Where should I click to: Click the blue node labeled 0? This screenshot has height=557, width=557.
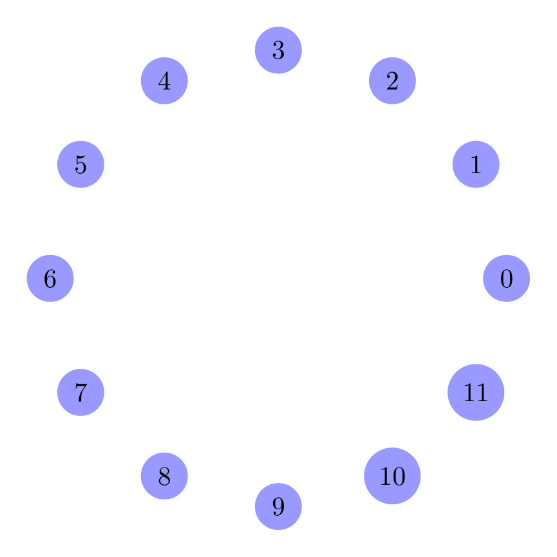[x=506, y=278]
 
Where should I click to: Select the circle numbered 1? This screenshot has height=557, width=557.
[x=476, y=164]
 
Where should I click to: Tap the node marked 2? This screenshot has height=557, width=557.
[x=392, y=80]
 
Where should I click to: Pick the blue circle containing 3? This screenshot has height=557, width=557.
[x=278, y=50]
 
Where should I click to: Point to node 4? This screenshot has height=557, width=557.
[x=164, y=80]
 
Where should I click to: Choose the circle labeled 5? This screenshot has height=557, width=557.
[x=80, y=164]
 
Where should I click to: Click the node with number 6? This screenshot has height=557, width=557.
[x=50, y=278]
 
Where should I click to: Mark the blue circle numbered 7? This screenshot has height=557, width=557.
[x=80, y=392]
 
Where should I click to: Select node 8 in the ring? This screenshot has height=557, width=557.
[x=164, y=476]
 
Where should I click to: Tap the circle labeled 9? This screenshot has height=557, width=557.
[x=278, y=506]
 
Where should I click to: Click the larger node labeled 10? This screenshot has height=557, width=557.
[x=392, y=476]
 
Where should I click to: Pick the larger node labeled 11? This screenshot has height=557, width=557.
[x=476, y=392]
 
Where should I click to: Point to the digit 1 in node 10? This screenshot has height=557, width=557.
[x=386, y=477]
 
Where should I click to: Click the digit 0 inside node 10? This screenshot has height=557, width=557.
[x=399, y=477]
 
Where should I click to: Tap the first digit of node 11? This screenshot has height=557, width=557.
[x=469, y=393]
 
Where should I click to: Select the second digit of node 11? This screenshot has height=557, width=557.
[x=482, y=393]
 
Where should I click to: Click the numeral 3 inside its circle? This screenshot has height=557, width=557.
[x=278, y=50]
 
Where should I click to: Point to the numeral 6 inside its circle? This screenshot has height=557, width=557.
[x=50, y=279]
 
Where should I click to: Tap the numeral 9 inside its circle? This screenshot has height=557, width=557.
[x=278, y=507]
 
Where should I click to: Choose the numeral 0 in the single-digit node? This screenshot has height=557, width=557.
[x=506, y=279]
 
